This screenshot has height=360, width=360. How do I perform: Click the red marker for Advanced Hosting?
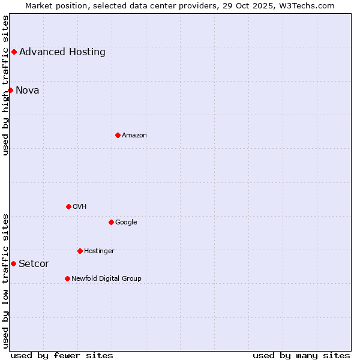pyautogui.click(x=14, y=52)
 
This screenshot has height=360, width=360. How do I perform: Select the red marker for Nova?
pyautogui.click(x=10, y=90)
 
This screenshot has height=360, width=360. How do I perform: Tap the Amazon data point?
pyautogui.click(x=118, y=135)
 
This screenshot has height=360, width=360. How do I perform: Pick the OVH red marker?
pyautogui.click(x=68, y=206)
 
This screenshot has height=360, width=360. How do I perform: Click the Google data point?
pyautogui.click(x=111, y=222)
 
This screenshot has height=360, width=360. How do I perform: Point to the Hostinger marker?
pyautogui.click(x=80, y=251)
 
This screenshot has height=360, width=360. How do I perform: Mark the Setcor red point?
pyautogui.click(x=13, y=263)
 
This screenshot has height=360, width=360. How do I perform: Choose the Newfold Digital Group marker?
pyautogui.click(x=67, y=278)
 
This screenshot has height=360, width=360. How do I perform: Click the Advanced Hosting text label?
pyautogui.click(x=62, y=52)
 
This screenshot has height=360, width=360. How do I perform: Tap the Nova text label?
pyautogui.click(x=28, y=90)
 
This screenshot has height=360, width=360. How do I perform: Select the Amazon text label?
pyautogui.click(x=134, y=135)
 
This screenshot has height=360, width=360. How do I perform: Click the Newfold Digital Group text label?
pyautogui.click(x=106, y=278)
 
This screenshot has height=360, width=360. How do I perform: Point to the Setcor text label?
pyautogui.click(x=34, y=263)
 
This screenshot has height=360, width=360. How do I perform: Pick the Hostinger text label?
pyautogui.click(x=99, y=251)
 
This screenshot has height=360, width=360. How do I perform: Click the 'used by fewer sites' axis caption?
pyautogui.click(x=62, y=355)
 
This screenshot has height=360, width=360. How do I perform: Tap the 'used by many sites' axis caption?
pyautogui.click(x=301, y=355)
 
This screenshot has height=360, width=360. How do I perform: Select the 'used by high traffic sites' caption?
pyautogui.click(x=5, y=85)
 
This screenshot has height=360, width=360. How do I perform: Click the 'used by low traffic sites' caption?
pyautogui.click(x=5, y=281)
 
